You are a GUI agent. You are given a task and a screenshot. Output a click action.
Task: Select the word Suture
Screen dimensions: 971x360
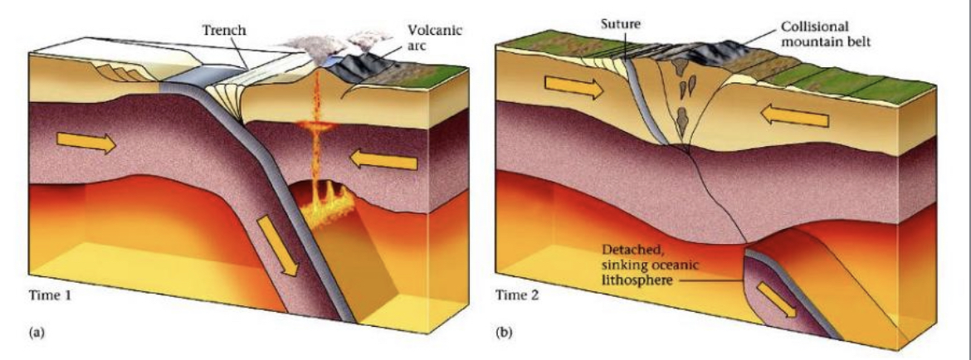tap(617, 23)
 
